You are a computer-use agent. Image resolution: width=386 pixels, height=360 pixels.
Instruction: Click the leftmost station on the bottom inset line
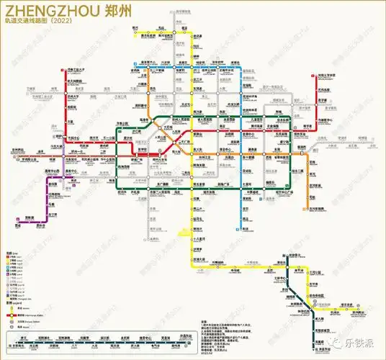pos(25,340)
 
